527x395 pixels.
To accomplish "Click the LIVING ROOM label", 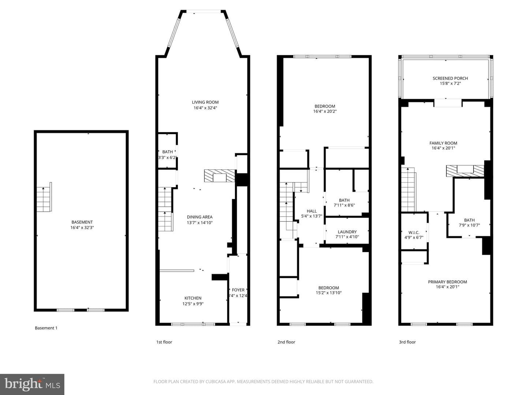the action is [x=205, y=102].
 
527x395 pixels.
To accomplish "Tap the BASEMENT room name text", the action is [x=82, y=222].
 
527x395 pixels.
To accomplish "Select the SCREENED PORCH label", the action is [x=450, y=78].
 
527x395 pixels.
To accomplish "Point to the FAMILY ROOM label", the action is [x=443, y=143].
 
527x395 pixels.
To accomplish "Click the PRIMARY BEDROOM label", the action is [x=447, y=282].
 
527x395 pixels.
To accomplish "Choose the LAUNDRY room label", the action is [x=347, y=232].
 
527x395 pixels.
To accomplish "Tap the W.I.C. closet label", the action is [x=414, y=232].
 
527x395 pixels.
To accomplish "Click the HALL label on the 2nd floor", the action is [x=312, y=211].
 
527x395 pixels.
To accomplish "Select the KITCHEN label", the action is [x=193, y=298].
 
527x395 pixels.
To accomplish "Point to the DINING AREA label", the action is [x=200, y=217].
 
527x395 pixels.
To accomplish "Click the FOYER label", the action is [x=238, y=290].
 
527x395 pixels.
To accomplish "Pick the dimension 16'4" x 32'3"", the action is [x=82, y=227].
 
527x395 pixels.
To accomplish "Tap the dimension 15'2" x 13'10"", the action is [x=328, y=293].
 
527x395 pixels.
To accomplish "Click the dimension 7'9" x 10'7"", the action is [x=469, y=225].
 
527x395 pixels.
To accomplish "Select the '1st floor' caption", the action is [x=164, y=342].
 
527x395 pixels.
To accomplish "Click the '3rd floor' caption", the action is [x=407, y=342].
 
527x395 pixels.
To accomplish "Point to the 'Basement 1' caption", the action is [x=46, y=328].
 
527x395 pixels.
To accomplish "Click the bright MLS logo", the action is [x=32, y=384].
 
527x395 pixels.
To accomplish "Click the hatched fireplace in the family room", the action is [x=465, y=171].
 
